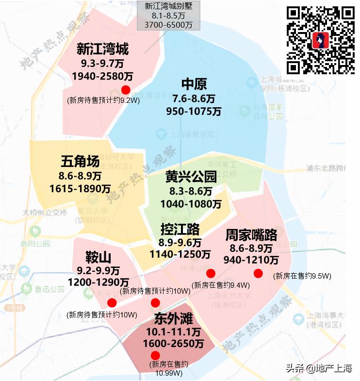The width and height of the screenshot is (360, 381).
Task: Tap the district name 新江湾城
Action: (102, 50)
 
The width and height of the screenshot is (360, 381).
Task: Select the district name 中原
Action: (194, 84)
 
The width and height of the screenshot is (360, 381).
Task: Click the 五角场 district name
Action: (80, 161)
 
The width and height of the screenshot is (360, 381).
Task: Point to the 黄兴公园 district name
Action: (191, 177)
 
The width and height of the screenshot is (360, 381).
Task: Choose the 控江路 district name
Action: (180, 229)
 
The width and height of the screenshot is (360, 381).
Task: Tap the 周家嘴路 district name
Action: (251, 235)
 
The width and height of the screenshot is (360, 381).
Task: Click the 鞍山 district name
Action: (98, 257)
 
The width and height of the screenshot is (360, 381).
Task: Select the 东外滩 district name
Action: (174, 319)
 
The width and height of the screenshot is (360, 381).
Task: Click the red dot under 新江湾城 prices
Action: (126, 89)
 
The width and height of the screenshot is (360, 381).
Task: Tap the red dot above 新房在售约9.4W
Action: (211, 273)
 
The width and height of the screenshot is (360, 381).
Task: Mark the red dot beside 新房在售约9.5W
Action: (258, 273)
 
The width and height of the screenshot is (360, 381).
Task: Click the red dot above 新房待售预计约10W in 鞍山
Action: (112, 303)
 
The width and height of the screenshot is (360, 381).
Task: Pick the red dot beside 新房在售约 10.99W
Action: (155, 355)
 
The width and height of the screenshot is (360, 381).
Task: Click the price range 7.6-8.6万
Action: (194, 99)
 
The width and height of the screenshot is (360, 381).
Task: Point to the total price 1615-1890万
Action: (80, 188)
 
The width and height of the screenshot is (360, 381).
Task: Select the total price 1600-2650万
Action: (174, 344)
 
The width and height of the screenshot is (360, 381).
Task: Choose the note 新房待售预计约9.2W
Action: (103, 100)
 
